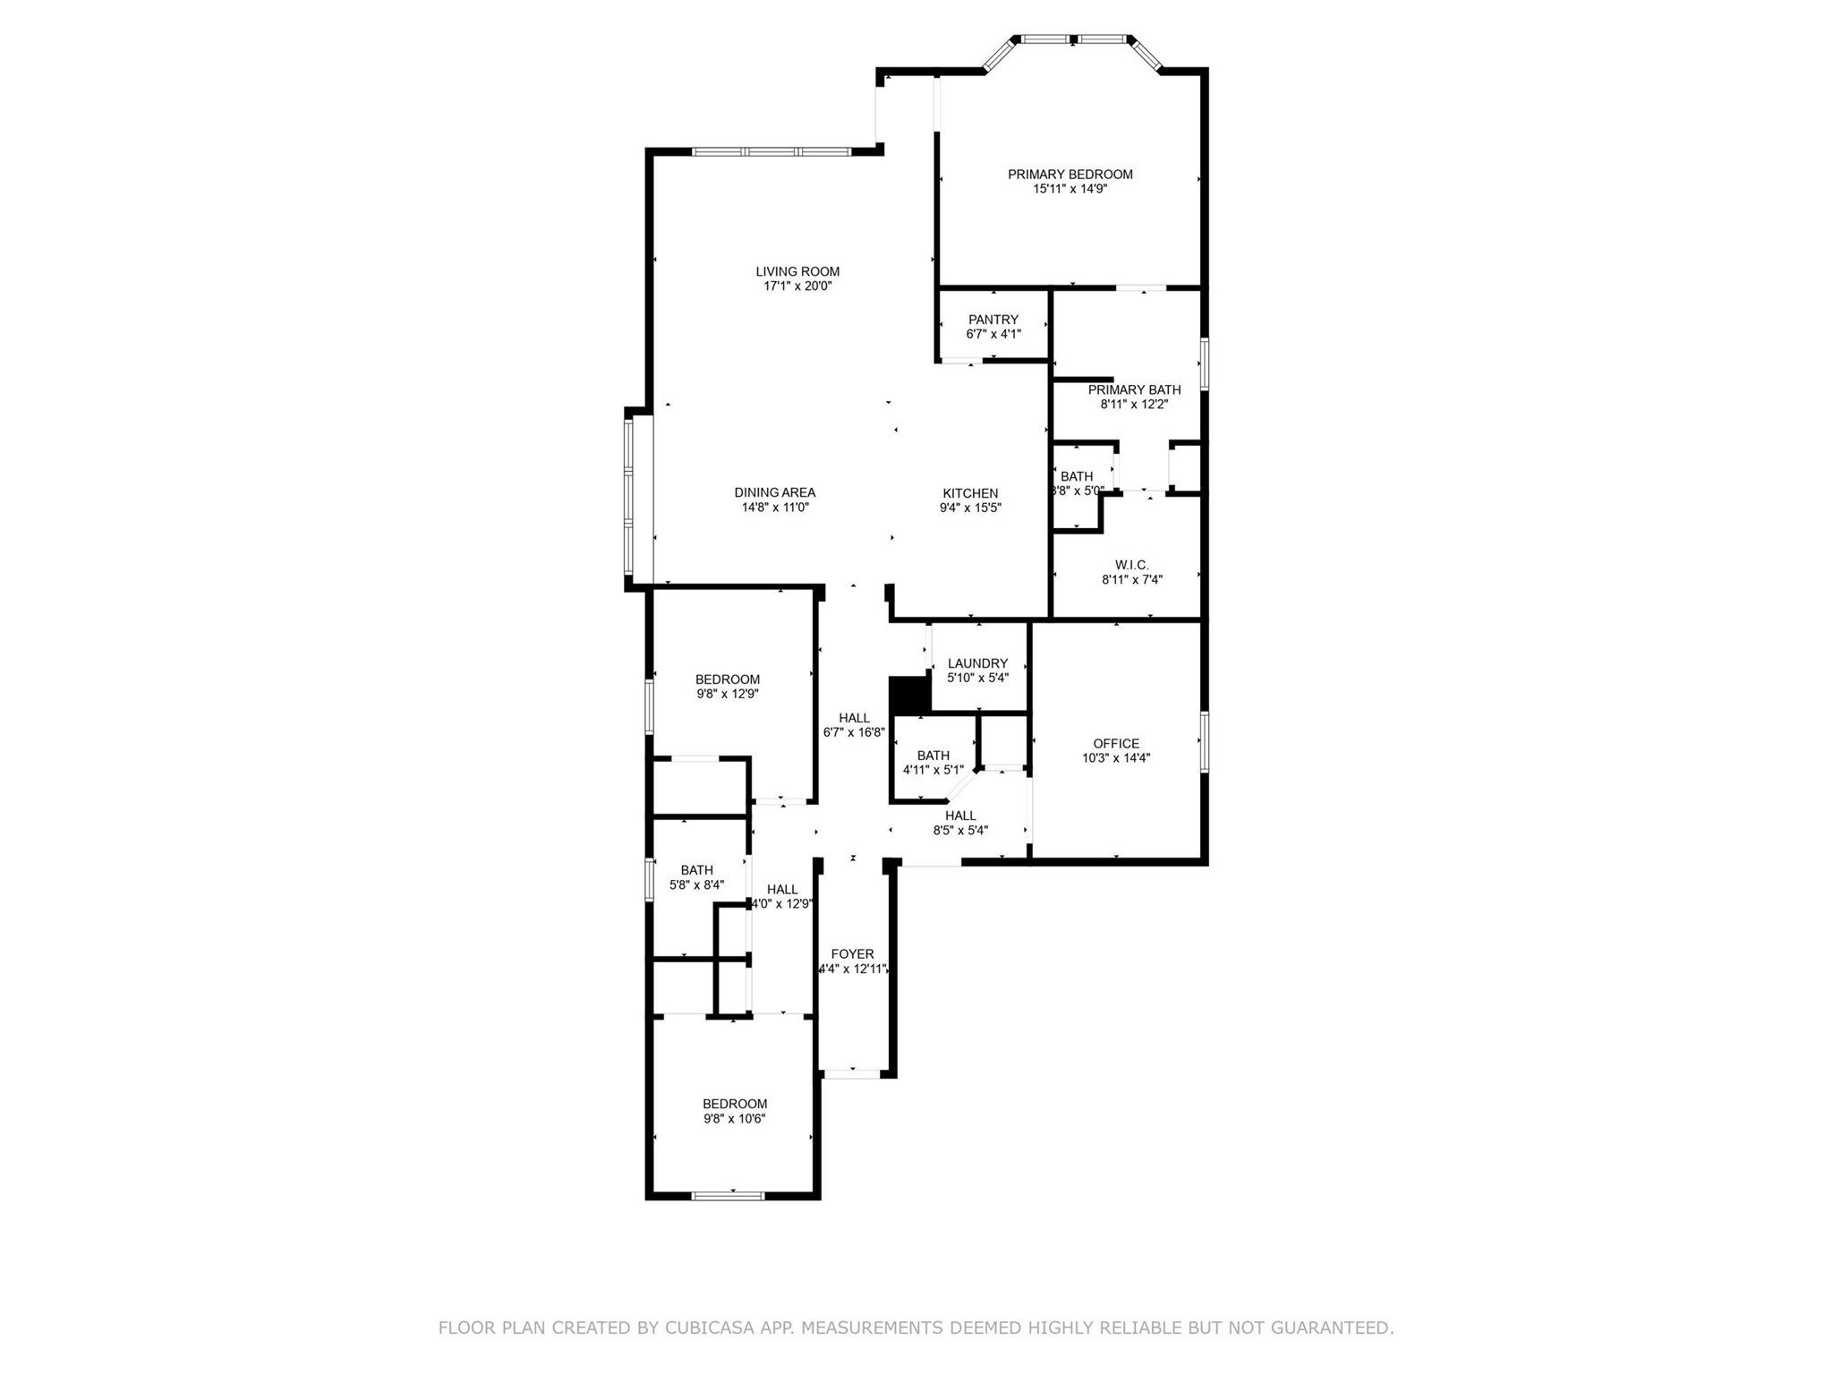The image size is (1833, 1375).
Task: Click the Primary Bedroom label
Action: pyautogui.click(x=1070, y=175)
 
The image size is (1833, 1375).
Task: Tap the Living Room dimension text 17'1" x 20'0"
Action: pyautogui.click(x=797, y=286)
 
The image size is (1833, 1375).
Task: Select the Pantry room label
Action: pyautogui.click(x=993, y=320)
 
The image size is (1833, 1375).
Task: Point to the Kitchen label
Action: pyautogui.click(x=970, y=493)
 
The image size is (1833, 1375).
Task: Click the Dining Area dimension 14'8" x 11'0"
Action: pyautogui.click(x=775, y=508)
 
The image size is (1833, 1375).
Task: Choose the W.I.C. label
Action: pyautogui.click(x=1131, y=565)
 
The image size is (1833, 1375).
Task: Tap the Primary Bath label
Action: pyautogui.click(x=1134, y=389)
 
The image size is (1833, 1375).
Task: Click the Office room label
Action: pyautogui.click(x=1116, y=743)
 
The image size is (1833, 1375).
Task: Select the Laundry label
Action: pyautogui.click(x=977, y=663)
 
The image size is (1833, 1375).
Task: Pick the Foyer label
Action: pyautogui.click(x=852, y=954)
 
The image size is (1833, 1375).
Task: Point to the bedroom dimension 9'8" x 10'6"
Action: pyautogui.click(x=734, y=1118)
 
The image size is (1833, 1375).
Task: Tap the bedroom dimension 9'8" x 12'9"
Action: pyautogui.click(x=728, y=694)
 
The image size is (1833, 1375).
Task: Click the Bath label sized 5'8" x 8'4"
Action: pyautogui.click(x=696, y=870)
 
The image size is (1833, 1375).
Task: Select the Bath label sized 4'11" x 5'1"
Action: pyautogui.click(x=934, y=756)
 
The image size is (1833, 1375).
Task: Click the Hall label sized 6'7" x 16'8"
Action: pyautogui.click(x=854, y=718)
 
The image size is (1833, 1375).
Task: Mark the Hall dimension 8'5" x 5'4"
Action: pyautogui.click(x=960, y=830)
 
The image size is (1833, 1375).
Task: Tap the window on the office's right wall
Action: pyautogui.click(x=1205, y=741)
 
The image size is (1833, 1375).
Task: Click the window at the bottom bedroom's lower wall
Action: pyautogui.click(x=728, y=1195)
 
